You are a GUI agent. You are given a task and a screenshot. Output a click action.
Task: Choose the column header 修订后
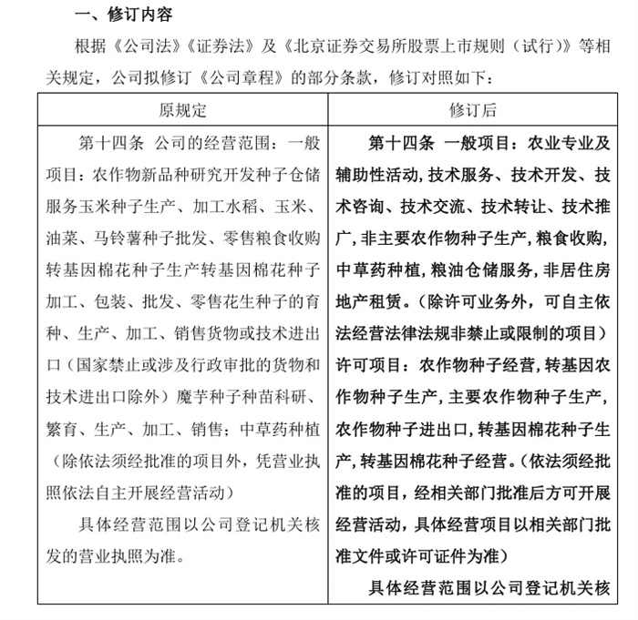[x=473, y=110]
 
